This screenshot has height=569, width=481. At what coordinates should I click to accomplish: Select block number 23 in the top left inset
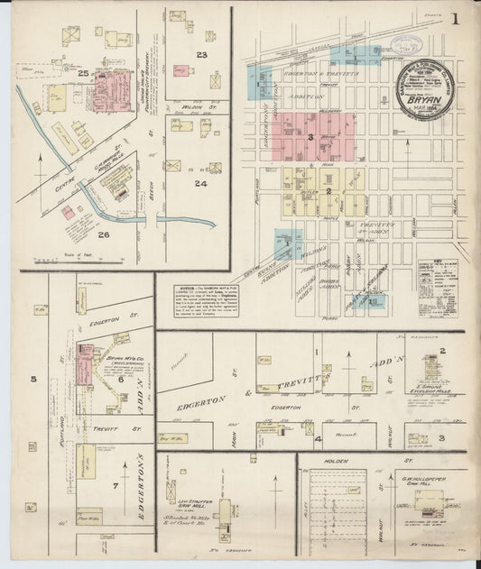(x=202, y=56)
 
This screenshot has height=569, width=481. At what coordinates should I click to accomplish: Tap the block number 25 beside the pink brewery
(x=83, y=72)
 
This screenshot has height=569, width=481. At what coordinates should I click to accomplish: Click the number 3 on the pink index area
(x=310, y=137)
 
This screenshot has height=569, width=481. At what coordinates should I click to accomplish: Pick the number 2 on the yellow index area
(x=329, y=191)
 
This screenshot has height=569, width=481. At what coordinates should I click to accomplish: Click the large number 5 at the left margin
(x=33, y=379)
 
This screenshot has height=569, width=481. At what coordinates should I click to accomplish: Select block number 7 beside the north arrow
(x=114, y=486)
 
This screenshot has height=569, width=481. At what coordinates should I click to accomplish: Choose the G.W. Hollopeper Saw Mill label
(x=421, y=475)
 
